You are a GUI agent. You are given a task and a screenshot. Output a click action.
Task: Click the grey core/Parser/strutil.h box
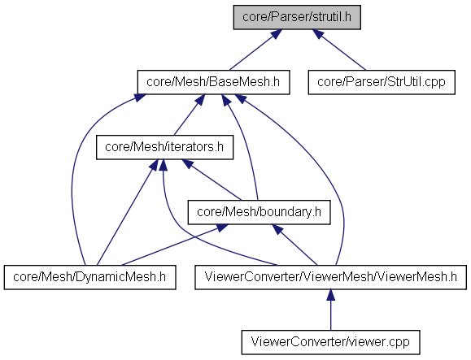click(x=297, y=17)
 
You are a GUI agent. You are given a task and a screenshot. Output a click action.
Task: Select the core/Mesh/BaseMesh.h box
click(x=213, y=82)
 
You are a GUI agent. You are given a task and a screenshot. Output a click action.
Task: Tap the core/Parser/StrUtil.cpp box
click(x=382, y=82)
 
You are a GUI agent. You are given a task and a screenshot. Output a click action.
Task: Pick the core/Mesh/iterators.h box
click(x=164, y=147)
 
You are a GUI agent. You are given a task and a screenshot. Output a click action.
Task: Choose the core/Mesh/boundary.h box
click(x=259, y=212)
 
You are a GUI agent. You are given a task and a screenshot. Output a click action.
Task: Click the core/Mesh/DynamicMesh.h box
click(x=89, y=277)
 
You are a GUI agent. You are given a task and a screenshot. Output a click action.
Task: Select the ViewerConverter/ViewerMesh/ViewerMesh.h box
click(x=330, y=277)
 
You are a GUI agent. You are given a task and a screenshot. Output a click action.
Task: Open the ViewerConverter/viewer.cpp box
click(x=330, y=342)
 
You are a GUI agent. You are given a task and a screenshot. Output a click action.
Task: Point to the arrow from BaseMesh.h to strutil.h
click(x=255, y=50)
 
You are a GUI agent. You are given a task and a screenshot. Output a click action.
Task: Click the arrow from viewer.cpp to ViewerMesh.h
click(x=331, y=310)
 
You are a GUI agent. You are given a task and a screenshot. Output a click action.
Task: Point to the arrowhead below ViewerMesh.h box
click(x=331, y=295)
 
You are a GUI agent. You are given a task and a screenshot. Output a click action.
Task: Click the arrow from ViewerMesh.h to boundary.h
click(x=294, y=245)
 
